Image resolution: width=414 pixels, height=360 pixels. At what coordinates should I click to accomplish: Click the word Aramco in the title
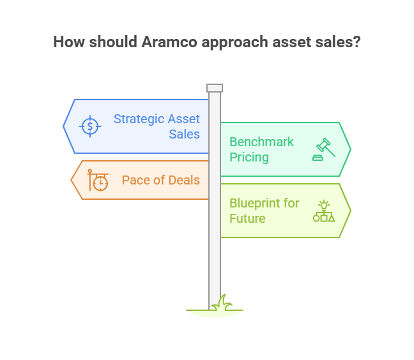[169, 42]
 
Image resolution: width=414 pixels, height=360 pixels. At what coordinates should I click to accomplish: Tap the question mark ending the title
[356, 42]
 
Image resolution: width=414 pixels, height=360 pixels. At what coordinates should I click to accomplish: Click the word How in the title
[69, 42]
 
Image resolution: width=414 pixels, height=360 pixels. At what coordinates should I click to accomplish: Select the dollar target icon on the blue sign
[90, 126]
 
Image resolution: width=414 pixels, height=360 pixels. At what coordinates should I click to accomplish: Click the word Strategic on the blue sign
[139, 119]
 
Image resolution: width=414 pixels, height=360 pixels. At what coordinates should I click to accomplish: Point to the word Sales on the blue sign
[184, 134]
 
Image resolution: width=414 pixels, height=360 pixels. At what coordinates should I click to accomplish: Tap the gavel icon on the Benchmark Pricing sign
[324, 149]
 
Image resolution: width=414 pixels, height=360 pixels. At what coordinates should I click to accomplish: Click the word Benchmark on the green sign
[261, 142]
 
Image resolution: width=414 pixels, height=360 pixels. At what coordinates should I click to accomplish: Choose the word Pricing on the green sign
[249, 158]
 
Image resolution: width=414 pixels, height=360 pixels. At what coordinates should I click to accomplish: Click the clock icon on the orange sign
[98, 180]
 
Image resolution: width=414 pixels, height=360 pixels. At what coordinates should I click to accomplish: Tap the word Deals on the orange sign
[184, 181]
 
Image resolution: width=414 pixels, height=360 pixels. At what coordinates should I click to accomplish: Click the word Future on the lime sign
[247, 219]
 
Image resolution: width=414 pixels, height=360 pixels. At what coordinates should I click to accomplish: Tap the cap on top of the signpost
[215, 88]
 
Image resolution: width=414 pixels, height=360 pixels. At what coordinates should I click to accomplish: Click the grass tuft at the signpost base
[223, 303]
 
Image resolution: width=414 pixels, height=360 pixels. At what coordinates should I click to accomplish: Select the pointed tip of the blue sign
[63, 126]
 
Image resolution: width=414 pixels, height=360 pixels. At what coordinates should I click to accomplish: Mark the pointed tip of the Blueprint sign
[351, 211]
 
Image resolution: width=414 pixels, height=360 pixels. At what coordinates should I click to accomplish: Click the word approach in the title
[234, 43]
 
